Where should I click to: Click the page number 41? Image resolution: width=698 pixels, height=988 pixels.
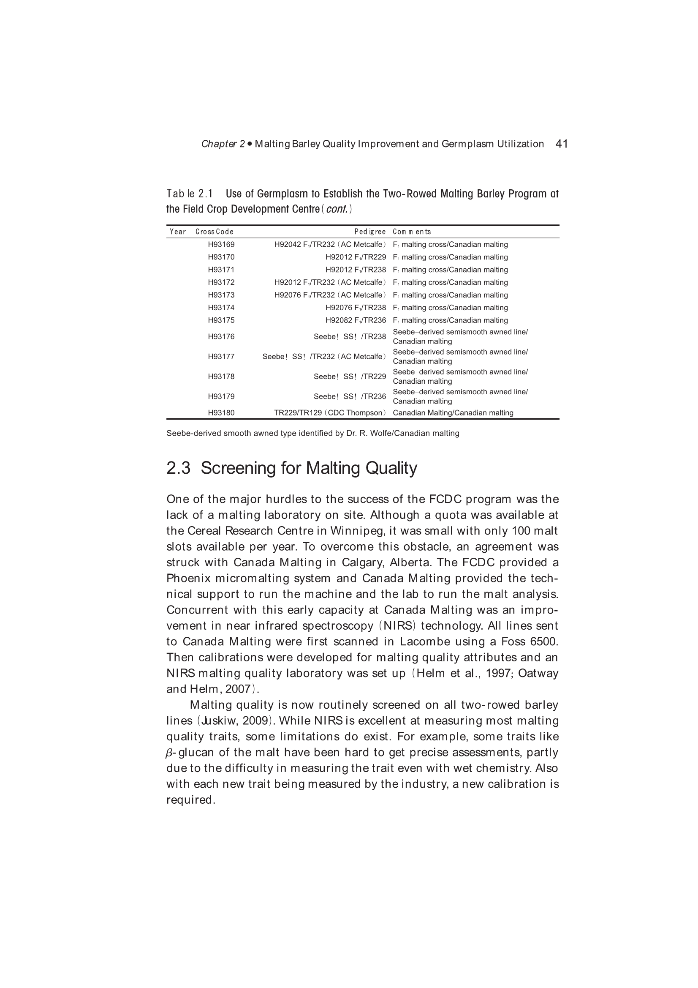(x=562, y=144)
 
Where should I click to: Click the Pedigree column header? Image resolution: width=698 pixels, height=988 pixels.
(x=370, y=232)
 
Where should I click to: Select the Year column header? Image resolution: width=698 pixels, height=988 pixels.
(x=178, y=232)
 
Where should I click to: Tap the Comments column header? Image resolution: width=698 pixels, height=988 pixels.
(x=412, y=232)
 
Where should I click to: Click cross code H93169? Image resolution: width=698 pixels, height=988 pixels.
(x=221, y=244)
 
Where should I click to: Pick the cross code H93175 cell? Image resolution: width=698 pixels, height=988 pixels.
(x=221, y=320)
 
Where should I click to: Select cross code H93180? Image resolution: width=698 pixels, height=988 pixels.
(x=221, y=413)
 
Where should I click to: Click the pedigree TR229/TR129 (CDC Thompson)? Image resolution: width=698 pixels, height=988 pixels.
(x=330, y=413)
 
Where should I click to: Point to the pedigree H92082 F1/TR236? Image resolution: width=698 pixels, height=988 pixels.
(x=356, y=320)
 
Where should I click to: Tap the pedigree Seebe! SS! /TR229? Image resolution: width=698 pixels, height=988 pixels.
(x=350, y=377)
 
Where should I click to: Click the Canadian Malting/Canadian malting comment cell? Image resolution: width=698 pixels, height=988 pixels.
(x=453, y=413)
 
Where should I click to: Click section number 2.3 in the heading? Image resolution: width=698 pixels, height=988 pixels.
(x=178, y=468)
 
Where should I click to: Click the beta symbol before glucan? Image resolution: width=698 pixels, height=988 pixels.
(x=169, y=753)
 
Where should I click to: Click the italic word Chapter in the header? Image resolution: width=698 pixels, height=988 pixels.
(x=219, y=144)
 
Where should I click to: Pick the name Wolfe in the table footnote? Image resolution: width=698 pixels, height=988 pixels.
(x=378, y=433)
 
